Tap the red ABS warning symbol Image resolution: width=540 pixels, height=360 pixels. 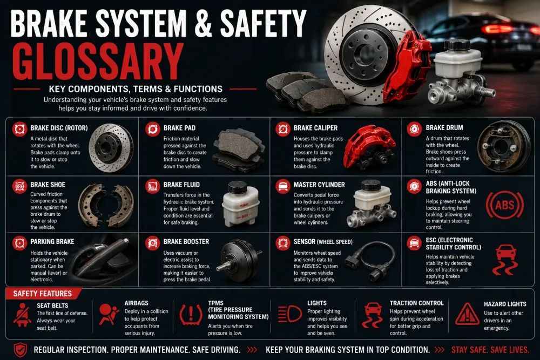pyautogui.click(x=504, y=206)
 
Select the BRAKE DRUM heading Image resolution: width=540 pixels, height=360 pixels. pyautogui.click(x=444, y=128)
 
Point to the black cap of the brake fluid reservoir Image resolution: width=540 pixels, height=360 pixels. pyautogui.click(x=237, y=187)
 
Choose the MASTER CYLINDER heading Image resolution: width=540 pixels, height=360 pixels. pyautogui.click(x=319, y=185)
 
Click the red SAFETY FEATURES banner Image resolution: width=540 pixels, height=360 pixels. pyautogui.click(x=43, y=294)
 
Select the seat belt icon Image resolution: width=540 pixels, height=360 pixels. pyautogui.click(x=22, y=315)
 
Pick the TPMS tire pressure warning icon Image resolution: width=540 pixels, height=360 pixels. pyautogui.click(x=191, y=315)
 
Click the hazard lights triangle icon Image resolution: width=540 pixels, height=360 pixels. pyautogui.click(x=467, y=314)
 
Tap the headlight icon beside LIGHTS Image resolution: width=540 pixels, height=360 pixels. pyautogui.click(x=289, y=314)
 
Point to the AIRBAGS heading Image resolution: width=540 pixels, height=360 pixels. pyautogui.click(x=137, y=303)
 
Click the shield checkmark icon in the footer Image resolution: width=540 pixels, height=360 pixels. pyautogui.click(x=21, y=350)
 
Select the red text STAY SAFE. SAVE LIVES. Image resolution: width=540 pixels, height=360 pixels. pyautogui.click(x=490, y=350)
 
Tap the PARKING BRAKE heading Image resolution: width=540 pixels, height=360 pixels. pyautogui.click(x=52, y=242)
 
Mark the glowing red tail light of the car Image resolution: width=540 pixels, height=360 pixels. pyautogui.click(x=497, y=29)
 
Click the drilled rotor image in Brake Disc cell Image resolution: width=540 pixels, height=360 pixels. pyautogui.click(x=111, y=148)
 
